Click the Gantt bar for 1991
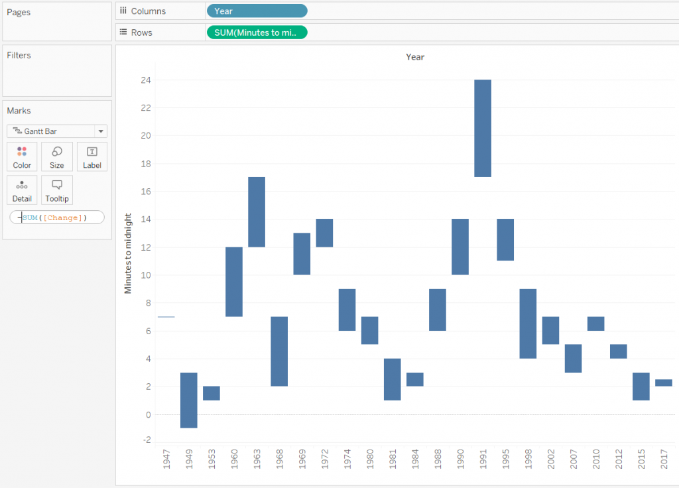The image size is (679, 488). click(x=483, y=128)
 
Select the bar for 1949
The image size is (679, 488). click(x=189, y=400)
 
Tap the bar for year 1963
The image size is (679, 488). click(x=257, y=212)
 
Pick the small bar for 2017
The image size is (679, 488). click(x=664, y=383)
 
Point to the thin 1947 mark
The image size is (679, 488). click(x=166, y=317)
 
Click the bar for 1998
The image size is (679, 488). click(x=528, y=324)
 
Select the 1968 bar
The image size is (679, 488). click(x=279, y=351)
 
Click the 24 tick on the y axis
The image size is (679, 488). click(x=145, y=80)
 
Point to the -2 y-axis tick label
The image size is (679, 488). click(x=145, y=440)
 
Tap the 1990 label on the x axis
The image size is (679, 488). click(x=460, y=460)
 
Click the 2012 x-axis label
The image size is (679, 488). click(x=618, y=460)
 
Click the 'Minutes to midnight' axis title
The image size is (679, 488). click(x=128, y=253)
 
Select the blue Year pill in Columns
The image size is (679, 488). click(x=257, y=11)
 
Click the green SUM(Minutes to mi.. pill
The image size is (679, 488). click(x=257, y=32)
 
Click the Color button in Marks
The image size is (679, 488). click(x=22, y=157)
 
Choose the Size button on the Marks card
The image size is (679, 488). click(x=57, y=157)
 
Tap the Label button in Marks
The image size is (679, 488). click(x=92, y=157)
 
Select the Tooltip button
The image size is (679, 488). click(x=57, y=190)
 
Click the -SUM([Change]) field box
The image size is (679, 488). click(x=57, y=217)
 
